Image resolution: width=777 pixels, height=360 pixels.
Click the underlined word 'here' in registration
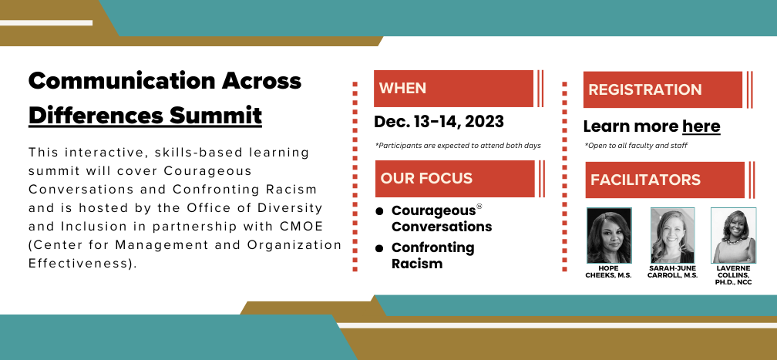[x=701, y=126]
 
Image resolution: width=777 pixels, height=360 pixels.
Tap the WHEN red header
[x=453, y=88]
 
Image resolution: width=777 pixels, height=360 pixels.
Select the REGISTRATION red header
[x=663, y=89]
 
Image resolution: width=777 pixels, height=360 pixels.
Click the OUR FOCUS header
[x=455, y=179]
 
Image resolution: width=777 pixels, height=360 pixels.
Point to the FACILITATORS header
[x=665, y=180]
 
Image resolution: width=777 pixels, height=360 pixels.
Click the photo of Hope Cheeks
[x=609, y=235]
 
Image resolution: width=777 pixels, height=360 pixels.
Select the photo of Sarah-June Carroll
[x=672, y=235]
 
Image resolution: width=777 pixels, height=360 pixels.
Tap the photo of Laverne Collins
[x=733, y=235]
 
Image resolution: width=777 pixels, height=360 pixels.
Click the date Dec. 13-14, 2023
[x=439, y=122]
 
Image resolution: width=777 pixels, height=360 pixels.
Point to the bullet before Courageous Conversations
[x=379, y=212]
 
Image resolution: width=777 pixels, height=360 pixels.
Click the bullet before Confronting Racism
[x=379, y=248]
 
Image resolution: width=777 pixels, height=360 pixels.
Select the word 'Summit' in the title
[x=216, y=116]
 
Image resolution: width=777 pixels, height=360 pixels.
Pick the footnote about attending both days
[x=458, y=146]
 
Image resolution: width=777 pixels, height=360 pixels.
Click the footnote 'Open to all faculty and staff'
[x=636, y=146]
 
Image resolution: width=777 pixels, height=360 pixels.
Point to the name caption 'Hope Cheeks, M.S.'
[x=608, y=272]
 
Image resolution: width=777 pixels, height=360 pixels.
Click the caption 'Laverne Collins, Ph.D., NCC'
[x=733, y=275]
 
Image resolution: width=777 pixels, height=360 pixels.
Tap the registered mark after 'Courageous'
[x=479, y=207]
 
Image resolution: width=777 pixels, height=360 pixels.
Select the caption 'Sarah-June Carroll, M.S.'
[x=672, y=272]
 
